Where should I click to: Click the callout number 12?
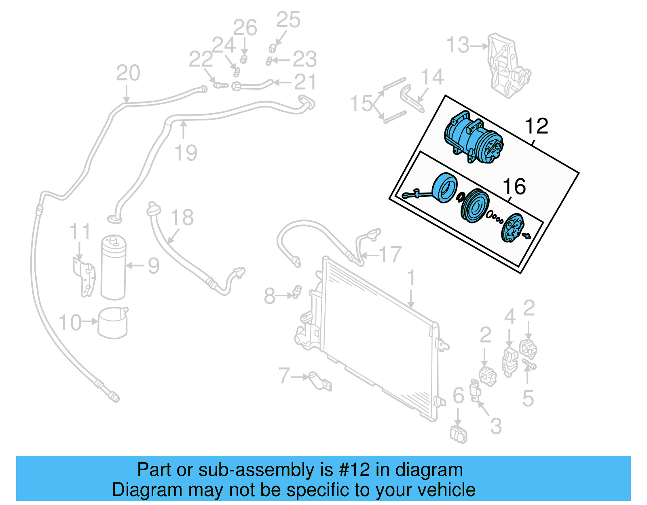[536, 126]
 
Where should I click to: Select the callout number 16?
[514, 187]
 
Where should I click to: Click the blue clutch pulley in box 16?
[475, 206]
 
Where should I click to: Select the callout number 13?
[458, 45]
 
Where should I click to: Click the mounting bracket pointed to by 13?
[507, 67]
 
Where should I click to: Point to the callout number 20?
[128, 73]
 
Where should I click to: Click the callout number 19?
[185, 153]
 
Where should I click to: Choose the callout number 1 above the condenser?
[411, 278]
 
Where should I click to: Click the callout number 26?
[245, 27]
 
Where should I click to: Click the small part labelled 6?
[459, 434]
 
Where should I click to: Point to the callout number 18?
[182, 218]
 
